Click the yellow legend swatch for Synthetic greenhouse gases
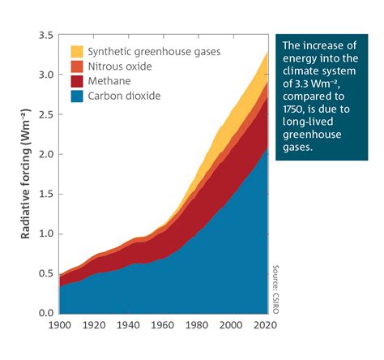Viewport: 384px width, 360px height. pyautogui.click(x=76, y=51)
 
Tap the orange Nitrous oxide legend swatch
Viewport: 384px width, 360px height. pyautogui.click(x=76, y=66)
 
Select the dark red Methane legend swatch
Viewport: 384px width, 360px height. pyautogui.click(x=76, y=80)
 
